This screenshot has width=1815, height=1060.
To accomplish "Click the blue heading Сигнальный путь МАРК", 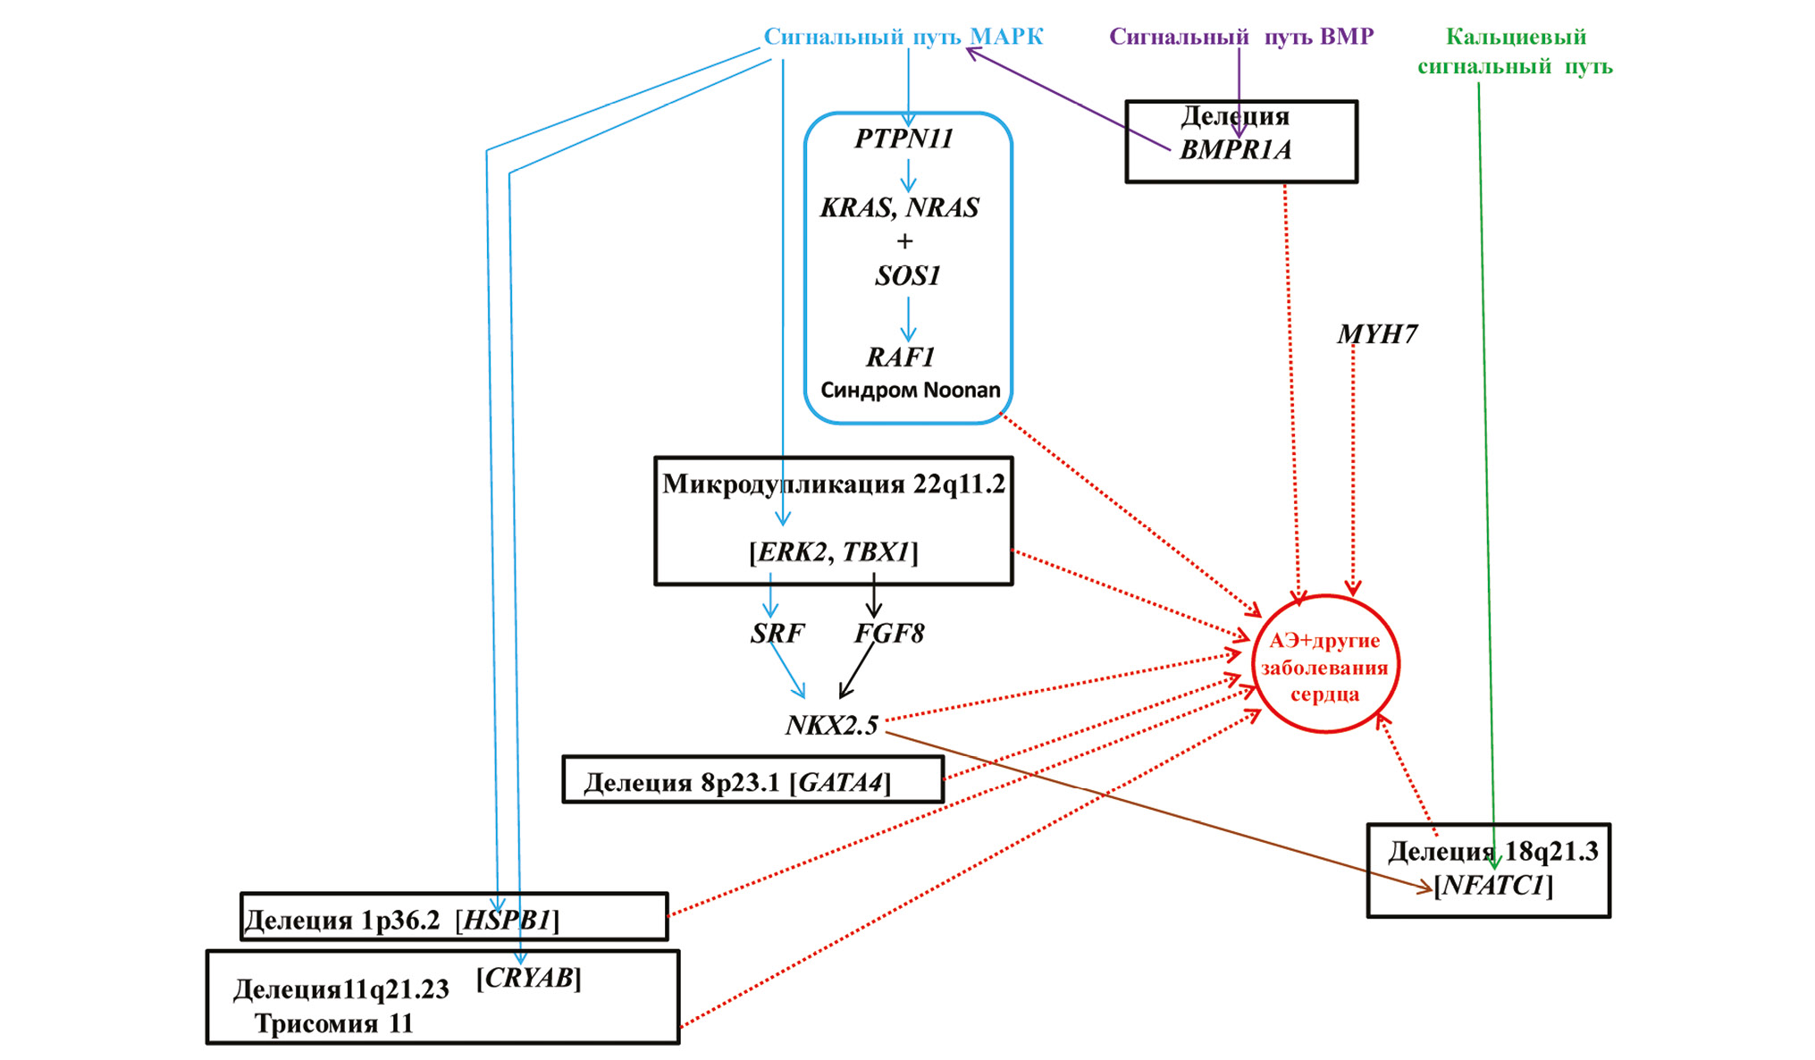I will pos(903,37).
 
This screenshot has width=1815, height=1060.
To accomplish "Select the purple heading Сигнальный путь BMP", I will pos(1241,37).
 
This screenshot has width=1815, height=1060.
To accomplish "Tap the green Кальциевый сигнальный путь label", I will pos(1516,51).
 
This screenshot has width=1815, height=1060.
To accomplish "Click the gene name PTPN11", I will pos(904,139).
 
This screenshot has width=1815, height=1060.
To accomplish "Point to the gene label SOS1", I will pos(908,276).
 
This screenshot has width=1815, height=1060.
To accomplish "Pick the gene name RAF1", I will pos(901,358).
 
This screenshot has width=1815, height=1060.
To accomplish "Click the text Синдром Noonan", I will pos(911,391).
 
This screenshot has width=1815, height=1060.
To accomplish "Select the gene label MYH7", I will pos(1377,334).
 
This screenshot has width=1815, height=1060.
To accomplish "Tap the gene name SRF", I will pos(777,634).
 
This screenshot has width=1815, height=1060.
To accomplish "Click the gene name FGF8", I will pos(889,634).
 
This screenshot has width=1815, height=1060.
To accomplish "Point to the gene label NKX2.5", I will pos(832,725).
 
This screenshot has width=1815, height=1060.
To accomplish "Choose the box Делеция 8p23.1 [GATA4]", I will pos(752,780).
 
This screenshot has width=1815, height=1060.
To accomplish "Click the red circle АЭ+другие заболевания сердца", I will pos(1325,666).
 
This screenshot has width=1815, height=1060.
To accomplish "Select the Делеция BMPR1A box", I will pos(1241,142).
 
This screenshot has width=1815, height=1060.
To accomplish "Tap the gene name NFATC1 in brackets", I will pos(1493,886).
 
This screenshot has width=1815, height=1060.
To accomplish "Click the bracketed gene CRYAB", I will pos(529,979).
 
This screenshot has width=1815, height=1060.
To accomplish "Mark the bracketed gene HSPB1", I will pos(507,921).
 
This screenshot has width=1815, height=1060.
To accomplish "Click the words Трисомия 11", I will pos(334,1023).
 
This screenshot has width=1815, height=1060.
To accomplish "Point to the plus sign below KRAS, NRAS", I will pos(904,241).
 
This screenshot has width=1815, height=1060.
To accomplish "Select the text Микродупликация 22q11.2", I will pos(833,484).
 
